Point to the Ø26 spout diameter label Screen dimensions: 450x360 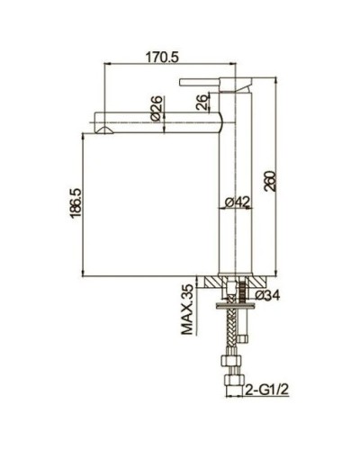(x=154, y=111)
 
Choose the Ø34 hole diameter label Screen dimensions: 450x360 (x=268, y=295)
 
